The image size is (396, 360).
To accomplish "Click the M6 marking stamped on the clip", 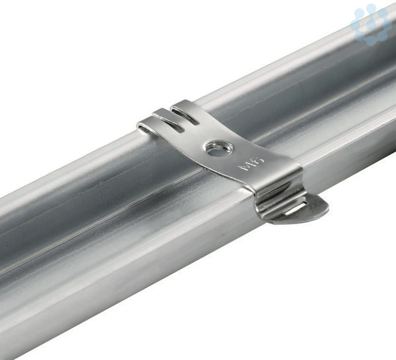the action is click(x=251, y=164).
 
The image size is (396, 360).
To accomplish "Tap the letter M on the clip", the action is click(x=246, y=167).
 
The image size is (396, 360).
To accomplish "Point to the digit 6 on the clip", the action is click(x=258, y=160).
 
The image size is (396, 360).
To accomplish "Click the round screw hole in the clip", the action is click(x=219, y=148).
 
